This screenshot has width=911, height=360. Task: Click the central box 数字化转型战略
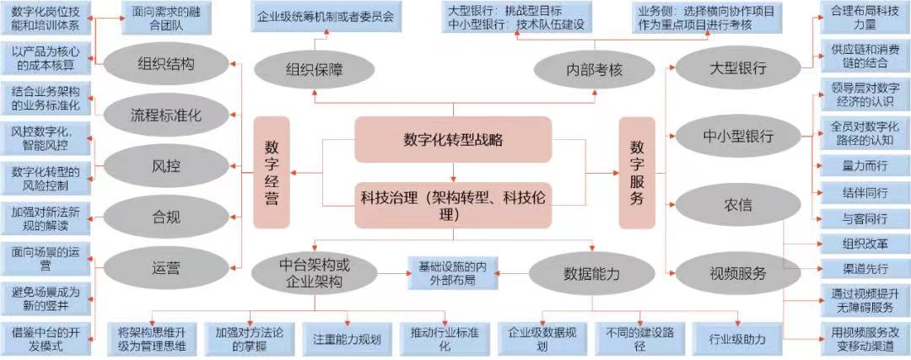pyautogui.click(x=453, y=139)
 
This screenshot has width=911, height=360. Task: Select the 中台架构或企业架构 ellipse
pyautogui.click(x=312, y=272)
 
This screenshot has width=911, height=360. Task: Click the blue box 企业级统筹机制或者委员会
pyautogui.click(x=325, y=17)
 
